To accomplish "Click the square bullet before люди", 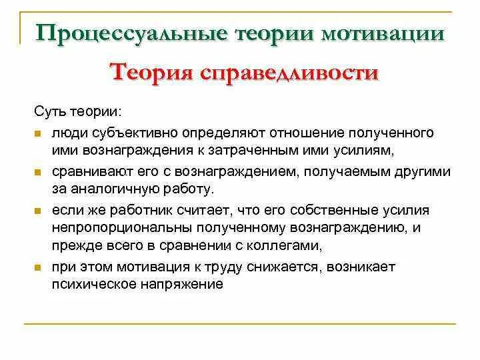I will pyautogui.click(x=38, y=134).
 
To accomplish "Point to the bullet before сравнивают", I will pyautogui.click(x=38, y=172).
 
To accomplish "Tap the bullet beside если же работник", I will pyautogui.click(x=38, y=211).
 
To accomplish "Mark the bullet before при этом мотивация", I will pyautogui.click(x=38, y=268).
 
